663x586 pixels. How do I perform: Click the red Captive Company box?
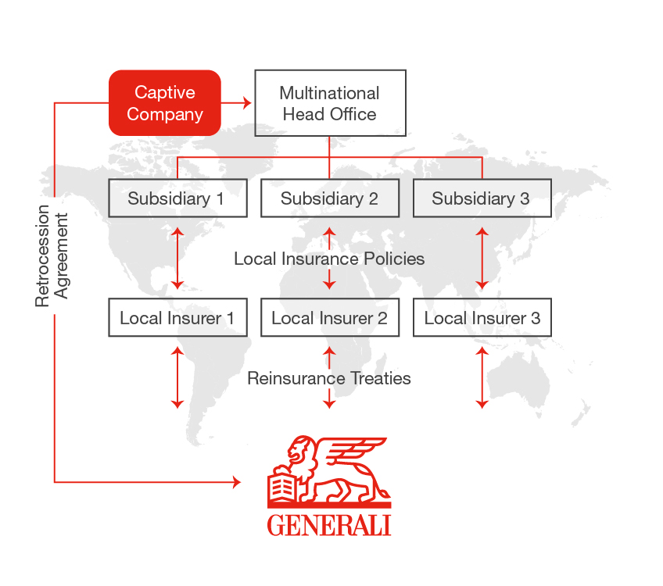pos(164,103)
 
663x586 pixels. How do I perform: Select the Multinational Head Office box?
pos(330,103)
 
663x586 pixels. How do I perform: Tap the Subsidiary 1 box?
pos(177,198)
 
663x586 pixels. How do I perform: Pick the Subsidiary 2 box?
pos(329,198)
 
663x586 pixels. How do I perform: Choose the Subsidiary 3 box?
pos(482,198)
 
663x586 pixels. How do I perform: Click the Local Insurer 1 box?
pos(177,318)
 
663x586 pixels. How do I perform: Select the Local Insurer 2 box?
pos(329,318)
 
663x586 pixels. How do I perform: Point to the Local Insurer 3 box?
pos(482,318)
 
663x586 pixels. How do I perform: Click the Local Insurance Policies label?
pos(329,259)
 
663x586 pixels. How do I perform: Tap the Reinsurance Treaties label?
pos(329,379)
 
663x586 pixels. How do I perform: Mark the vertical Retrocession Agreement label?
pos(52,256)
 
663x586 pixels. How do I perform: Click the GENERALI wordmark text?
pos(329,524)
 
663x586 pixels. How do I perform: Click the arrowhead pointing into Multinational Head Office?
pos(249,102)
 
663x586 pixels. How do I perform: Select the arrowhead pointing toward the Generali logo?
pos(237,483)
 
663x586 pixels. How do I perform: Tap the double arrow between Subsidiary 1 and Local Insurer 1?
pos(177,258)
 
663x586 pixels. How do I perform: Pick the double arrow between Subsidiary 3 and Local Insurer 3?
pos(482,258)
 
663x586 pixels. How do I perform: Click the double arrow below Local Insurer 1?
pos(177,378)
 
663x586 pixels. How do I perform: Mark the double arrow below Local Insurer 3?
pos(482,378)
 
